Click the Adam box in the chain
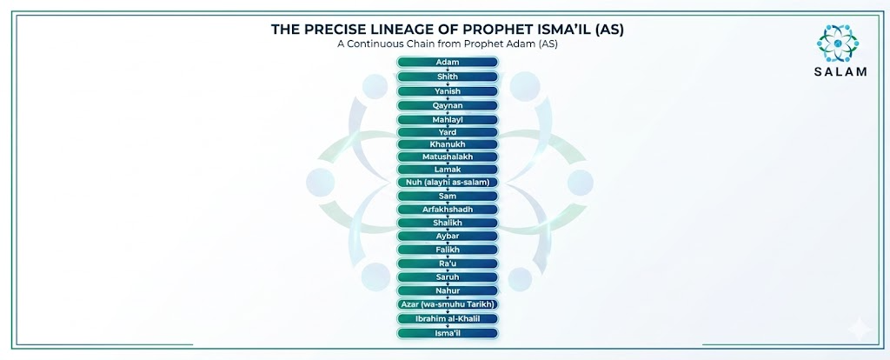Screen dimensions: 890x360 [x=448, y=62]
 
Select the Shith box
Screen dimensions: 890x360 [x=448, y=77]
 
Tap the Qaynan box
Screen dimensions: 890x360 [x=448, y=105]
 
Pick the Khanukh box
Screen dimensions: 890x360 [x=448, y=144]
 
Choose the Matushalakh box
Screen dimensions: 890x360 [x=448, y=157]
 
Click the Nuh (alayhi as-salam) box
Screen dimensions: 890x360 [x=448, y=183]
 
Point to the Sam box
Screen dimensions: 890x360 [x=448, y=196]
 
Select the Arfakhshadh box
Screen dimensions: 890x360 [x=448, y=210]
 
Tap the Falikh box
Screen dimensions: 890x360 [x=448, y=250]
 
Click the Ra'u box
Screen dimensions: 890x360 [x=448, y=263]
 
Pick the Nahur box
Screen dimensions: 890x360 [x=448, y=290]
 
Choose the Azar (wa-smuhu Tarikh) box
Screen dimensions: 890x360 [x=448, y=304]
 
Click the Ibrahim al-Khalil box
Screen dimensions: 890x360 [x=448, y=318]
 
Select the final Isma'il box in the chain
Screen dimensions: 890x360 [x=448, y=333]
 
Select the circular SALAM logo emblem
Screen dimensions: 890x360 [x=838, y=43]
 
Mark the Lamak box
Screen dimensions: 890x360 [x=448, y=170]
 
